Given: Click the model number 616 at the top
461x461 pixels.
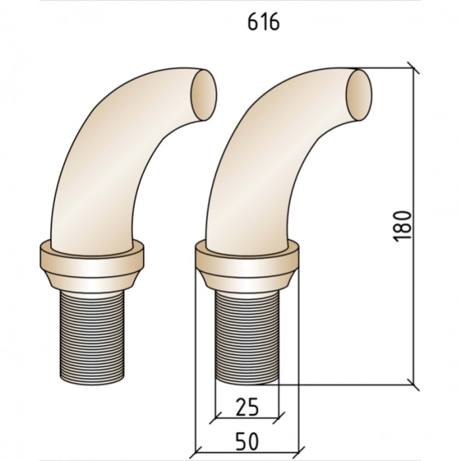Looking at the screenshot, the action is [x=263, y=22].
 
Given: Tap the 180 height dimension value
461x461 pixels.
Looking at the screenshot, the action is [x=402, y=226].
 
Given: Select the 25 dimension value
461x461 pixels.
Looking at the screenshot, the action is [x=248, y=407].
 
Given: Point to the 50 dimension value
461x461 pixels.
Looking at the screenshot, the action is [x=248, y=441].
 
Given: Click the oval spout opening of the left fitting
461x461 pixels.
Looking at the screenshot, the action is [x=204, y=95].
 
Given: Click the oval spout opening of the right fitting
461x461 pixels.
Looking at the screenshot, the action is [x=359, y=95].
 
